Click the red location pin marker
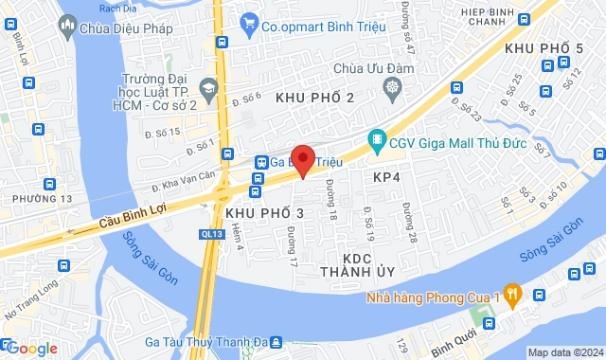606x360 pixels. click(x=302, y=158)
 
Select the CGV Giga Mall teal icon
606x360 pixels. click(x=376, y=141)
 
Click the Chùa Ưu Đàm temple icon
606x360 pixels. click(x=393, y=88)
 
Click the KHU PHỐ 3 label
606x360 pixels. click(x=265, y=214)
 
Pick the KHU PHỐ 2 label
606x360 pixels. click(x=314, y=98)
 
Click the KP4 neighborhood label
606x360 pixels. click(x=387, y=177)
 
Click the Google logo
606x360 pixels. click(x=31, y=348)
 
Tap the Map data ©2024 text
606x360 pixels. click(x=564, y=352)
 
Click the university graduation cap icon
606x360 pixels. click(x=209, y=87)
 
